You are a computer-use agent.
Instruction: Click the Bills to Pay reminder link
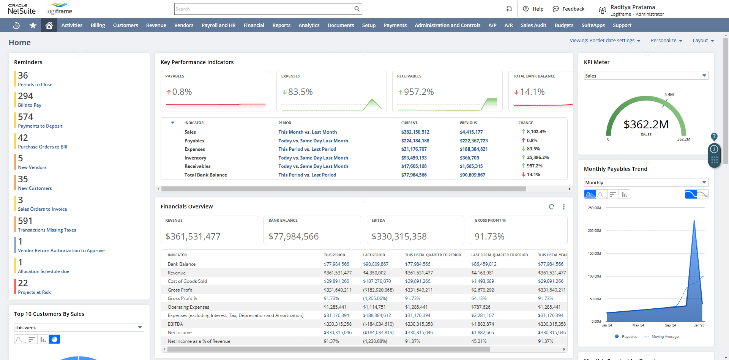30,105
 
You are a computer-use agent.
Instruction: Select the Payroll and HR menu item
218,25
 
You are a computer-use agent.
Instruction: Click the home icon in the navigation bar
49,25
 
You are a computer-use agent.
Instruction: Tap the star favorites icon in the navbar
33,25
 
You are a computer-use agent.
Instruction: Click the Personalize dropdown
666,40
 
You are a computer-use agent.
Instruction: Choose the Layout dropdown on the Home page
703,40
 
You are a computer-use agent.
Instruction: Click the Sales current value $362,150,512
415,132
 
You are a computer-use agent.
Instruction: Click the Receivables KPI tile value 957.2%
419,92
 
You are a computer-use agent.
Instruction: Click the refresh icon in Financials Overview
551,207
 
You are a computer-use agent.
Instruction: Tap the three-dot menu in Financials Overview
563,207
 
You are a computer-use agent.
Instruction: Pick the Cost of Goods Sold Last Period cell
377,281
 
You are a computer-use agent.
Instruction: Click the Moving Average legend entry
664,336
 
